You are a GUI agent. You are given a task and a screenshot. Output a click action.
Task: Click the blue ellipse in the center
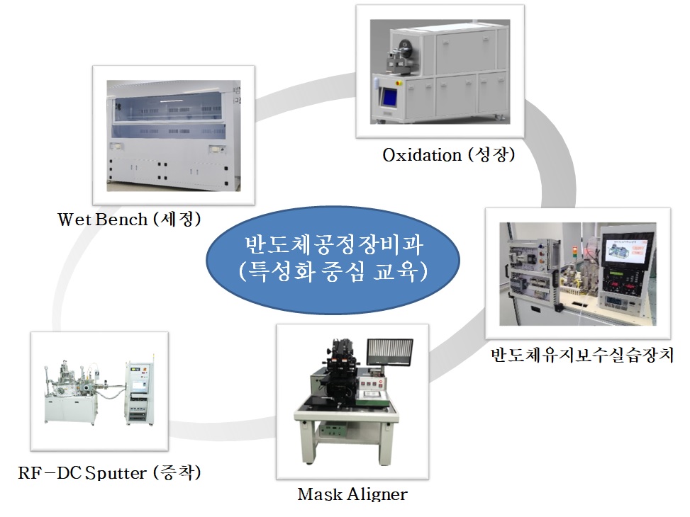click(x=333, y=260)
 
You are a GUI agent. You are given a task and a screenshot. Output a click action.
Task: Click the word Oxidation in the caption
click(x=422, y=155)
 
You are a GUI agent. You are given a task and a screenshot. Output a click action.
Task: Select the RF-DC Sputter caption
click(x=109, y=472)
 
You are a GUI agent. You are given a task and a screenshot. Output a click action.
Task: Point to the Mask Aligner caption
click(x=352, y=494)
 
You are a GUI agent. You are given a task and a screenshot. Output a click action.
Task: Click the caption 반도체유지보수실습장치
click(x=582, y=355)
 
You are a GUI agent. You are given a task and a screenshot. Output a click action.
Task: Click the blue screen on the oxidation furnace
click(x=389, y=97)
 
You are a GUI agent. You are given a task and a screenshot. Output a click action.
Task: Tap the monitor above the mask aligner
click(x=390, y=352)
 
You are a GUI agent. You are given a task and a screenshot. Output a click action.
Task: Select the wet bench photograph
click(x=173, y=135)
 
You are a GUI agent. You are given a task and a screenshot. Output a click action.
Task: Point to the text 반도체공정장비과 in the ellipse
click(x=333, y=245)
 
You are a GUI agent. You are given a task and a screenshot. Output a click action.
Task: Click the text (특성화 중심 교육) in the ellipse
click(x=333, y=271)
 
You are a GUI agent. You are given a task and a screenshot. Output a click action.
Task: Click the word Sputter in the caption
click(x=116, y=473)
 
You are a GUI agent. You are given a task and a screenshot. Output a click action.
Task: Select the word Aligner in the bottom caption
click(x=377, y=494)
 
